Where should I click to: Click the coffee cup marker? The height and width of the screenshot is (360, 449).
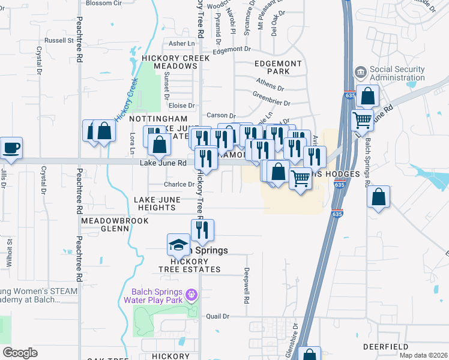pos(11,148)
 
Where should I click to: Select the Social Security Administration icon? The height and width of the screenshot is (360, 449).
pos(360,73)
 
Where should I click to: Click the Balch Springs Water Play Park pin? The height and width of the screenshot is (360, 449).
pos(191,295)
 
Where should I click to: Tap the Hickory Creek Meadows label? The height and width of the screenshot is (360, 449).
pos(175,62)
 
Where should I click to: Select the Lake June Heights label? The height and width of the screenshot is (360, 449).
pos(154,203)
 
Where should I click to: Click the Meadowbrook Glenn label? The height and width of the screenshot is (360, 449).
pos(105,224)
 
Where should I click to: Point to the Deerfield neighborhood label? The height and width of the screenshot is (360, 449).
pos(386,347)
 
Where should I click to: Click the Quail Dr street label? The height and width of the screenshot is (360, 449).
pos(218,316)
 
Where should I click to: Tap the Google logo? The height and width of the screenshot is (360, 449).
pos(20,353)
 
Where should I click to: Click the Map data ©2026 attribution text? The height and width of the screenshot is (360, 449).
pos(423,355)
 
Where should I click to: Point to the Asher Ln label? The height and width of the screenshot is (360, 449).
pos(182,43)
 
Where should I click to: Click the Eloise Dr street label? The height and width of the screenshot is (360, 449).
pos(182,105)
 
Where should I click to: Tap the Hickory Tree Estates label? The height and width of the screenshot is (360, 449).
pos(190,265)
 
